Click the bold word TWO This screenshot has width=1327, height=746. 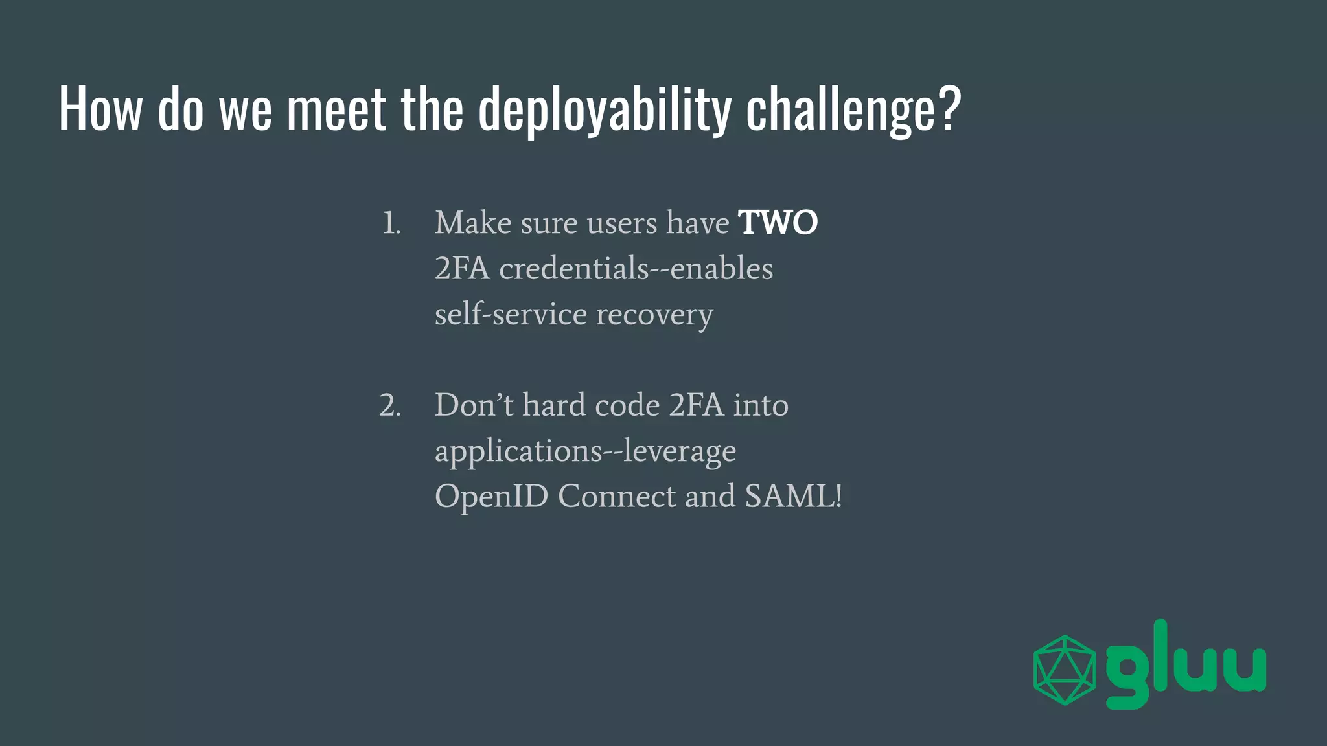pos(778,223)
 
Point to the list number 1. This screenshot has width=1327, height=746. pos(391,223)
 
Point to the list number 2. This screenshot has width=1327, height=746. pos(390,405)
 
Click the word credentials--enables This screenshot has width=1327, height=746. pos(636,268)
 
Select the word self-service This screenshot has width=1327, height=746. pos(511,314)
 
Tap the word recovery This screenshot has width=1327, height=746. pos(654,315)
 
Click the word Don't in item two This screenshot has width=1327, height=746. pos(474,405)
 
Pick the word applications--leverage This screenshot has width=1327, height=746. pos(585,451)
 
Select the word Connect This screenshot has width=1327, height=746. pos(617,497)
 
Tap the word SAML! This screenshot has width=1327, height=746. pos(794,497)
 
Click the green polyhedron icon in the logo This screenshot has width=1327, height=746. pos(1065,670)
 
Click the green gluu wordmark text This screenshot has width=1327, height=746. pos(1186,667)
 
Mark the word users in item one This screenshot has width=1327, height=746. pos(622,223)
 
